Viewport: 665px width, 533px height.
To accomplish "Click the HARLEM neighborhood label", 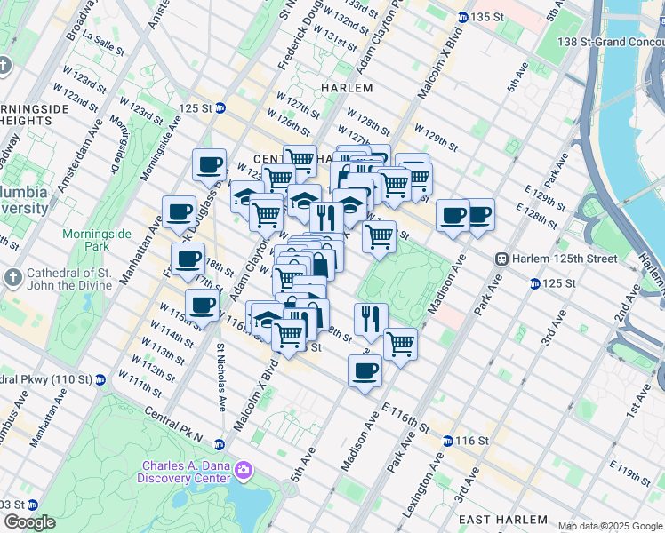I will click(x=348, y=88).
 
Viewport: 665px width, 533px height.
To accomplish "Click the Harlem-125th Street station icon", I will click(x=502, y=259).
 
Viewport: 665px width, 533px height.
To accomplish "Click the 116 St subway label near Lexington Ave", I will click(x=471, y=441).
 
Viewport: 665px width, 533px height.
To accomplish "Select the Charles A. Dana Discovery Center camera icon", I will click(x=243, y=469).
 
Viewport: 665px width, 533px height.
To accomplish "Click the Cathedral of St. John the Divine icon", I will click(x=12, y=277).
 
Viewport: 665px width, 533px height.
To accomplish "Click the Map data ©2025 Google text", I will click(x=610, y=526).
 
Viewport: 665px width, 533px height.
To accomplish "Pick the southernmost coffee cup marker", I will click(x=365, y=370).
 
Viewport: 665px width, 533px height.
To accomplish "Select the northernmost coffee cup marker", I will click(x=210, y=163).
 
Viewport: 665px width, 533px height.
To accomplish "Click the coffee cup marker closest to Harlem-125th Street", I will click(x=479, y=214).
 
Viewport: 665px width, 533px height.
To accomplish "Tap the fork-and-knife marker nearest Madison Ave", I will click(x=371, y=318).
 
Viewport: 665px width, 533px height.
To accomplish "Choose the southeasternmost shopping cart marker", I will click(x=400, y=342).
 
